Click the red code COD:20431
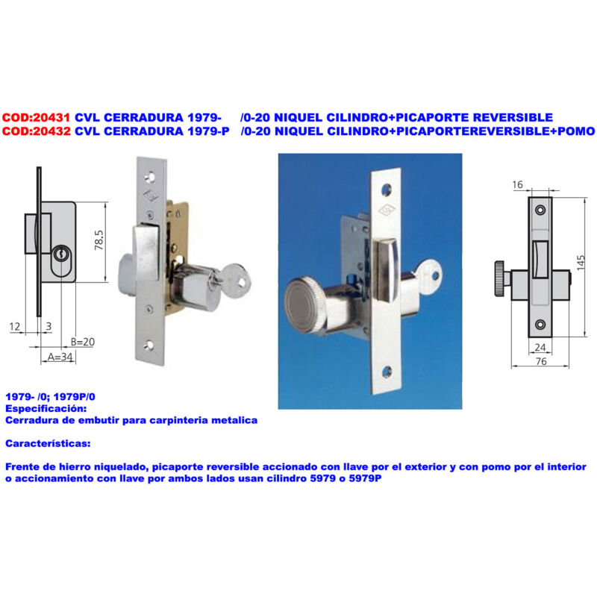coord(37,117)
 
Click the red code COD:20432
coord(37,131)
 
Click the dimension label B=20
coord(85,343)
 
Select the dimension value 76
coord(542,360)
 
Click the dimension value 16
coord(518,184)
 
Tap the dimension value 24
coord(541,346)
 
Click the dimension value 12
coord(16,327)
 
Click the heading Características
coord(48,444)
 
